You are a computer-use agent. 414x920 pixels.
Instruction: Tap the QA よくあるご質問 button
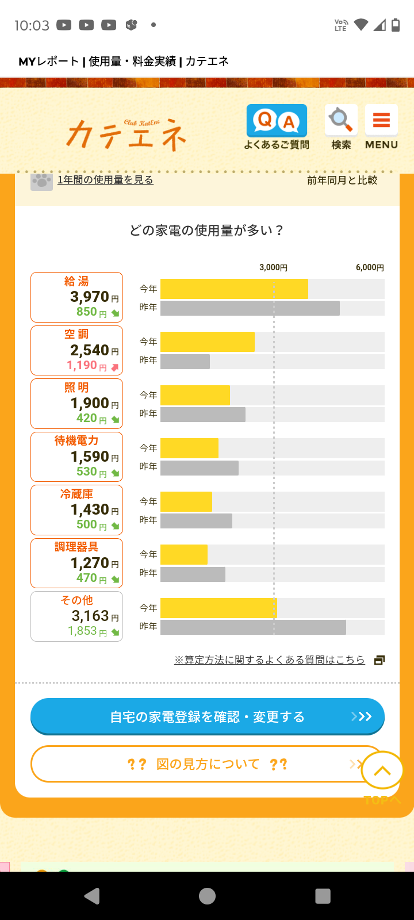click(277, 126)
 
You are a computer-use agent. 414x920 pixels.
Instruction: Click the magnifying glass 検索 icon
click(341, 126)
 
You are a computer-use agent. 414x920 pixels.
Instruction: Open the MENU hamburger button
click(381, 126)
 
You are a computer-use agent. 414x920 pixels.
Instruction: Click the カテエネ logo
click(127, 134)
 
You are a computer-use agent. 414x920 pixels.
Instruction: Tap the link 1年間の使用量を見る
click(105, 180)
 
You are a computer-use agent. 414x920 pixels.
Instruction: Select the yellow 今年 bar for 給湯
click(234, 289)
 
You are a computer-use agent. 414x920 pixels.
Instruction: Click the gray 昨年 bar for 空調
click(185, 362)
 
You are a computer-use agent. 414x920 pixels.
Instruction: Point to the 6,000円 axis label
click(370, 267)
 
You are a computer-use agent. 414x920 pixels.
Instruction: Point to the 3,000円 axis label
click(273, 267)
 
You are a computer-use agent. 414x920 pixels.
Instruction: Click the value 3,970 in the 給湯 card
click(90, 297)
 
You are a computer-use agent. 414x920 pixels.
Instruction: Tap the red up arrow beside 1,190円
click(114, 367)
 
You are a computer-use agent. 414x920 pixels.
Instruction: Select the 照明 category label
click(76, 388)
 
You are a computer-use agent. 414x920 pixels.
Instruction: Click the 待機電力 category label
click(76, 440)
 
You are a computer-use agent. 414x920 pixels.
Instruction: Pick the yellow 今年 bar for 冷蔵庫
click(186, 501)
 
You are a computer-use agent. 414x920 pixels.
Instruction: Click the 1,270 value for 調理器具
click(90, 563)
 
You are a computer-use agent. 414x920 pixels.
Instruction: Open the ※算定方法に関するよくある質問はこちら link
click(270, 660)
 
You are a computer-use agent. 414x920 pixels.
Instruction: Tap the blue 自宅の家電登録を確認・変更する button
click(207, 716)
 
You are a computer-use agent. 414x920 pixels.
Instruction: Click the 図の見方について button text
click(207, 764)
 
